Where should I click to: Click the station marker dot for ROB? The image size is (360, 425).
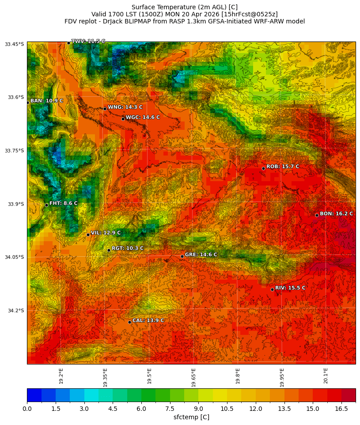point(263,168)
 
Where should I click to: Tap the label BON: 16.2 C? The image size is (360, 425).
point(336,214)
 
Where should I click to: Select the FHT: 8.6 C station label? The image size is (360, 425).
point(63,204)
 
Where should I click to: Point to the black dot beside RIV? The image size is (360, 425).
point(272,289)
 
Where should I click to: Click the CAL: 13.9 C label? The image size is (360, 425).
point(148,321)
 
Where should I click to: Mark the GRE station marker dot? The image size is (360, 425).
point(182,256)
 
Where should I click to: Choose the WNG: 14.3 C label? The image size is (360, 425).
point(125,107)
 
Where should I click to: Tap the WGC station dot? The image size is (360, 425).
point(123,119)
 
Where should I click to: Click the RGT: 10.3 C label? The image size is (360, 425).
point(128,249)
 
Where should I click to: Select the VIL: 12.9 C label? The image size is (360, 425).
point(106,233)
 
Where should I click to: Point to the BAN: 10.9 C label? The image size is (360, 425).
point(46,101)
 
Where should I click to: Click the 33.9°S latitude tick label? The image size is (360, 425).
point(15,204)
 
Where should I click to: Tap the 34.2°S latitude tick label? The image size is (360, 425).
point(15,311)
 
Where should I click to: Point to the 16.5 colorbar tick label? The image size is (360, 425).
point(341,409)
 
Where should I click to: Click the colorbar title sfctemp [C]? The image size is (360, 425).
point(191,417)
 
